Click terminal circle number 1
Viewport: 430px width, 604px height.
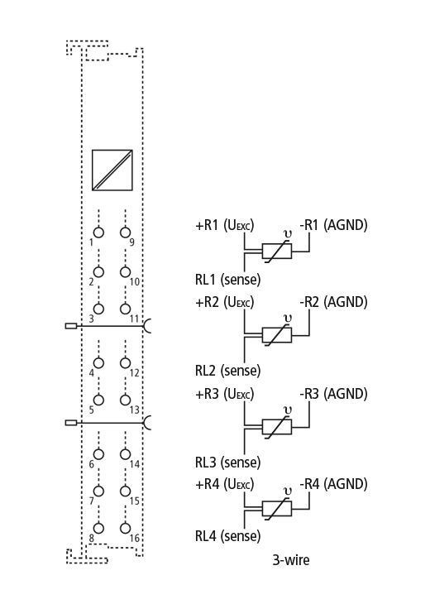click(98, 232)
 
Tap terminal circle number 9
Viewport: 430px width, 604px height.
click(125, 232)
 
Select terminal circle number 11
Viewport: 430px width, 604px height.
click(125, 309)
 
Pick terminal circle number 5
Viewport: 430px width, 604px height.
click(98, 400)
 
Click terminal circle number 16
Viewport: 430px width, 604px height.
click(125, 528)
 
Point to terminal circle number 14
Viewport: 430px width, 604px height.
click(125, 454)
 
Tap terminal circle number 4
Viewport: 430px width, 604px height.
click(98, 363)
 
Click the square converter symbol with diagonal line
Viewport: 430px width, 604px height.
click(112, 170)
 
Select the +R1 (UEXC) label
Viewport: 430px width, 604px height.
click(225, 225)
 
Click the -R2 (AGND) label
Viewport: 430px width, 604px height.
click(333, 302)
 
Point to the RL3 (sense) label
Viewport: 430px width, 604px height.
click(228, 462)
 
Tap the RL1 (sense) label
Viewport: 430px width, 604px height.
click(228, 280)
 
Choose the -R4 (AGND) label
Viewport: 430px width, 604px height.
click(333, 484)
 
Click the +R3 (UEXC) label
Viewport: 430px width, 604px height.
click(225, 394)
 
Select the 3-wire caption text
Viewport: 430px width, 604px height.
click(291, 559)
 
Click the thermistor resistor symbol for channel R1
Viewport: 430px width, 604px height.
click(277, 252)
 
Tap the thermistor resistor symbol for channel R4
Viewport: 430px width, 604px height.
click(277, 509)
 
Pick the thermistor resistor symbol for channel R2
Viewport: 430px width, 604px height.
click(277, 335)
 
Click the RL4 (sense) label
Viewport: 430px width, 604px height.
click(228, 536)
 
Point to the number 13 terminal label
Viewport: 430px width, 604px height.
click(134, 410)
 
